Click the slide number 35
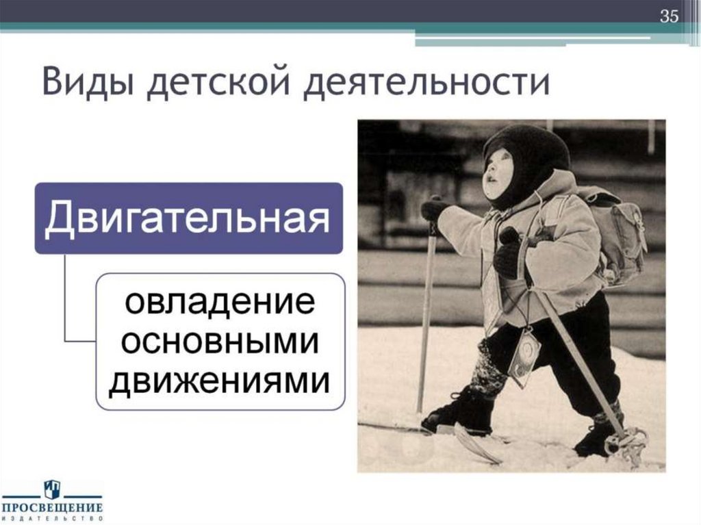(x=669, y=17)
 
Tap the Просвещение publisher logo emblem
(x=52, y=489)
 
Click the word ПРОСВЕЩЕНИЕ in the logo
(x=52, y=508)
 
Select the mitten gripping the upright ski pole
(x=434, y=208)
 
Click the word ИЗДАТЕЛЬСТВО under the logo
(x=52, y=519)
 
